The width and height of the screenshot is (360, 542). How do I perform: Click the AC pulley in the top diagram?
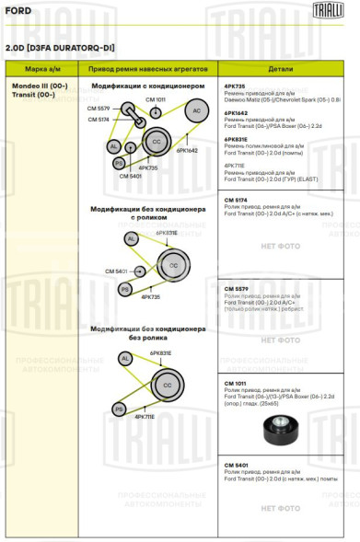[196, 111]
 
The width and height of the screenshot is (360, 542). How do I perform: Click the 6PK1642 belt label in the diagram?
[187, 149]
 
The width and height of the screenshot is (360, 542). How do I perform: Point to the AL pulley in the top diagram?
[114, 146]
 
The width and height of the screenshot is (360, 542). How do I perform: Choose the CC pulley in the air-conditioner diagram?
[156, 141]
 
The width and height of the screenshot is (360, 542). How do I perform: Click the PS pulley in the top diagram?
[120, 163]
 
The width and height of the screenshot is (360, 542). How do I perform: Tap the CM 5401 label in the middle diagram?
[116, 271]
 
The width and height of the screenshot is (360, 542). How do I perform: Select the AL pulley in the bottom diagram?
[124, 358]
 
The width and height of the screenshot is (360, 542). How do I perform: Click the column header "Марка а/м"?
[42, 69]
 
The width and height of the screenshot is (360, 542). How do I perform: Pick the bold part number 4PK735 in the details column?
[234, 86]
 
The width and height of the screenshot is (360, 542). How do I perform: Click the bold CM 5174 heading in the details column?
[236, 199]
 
